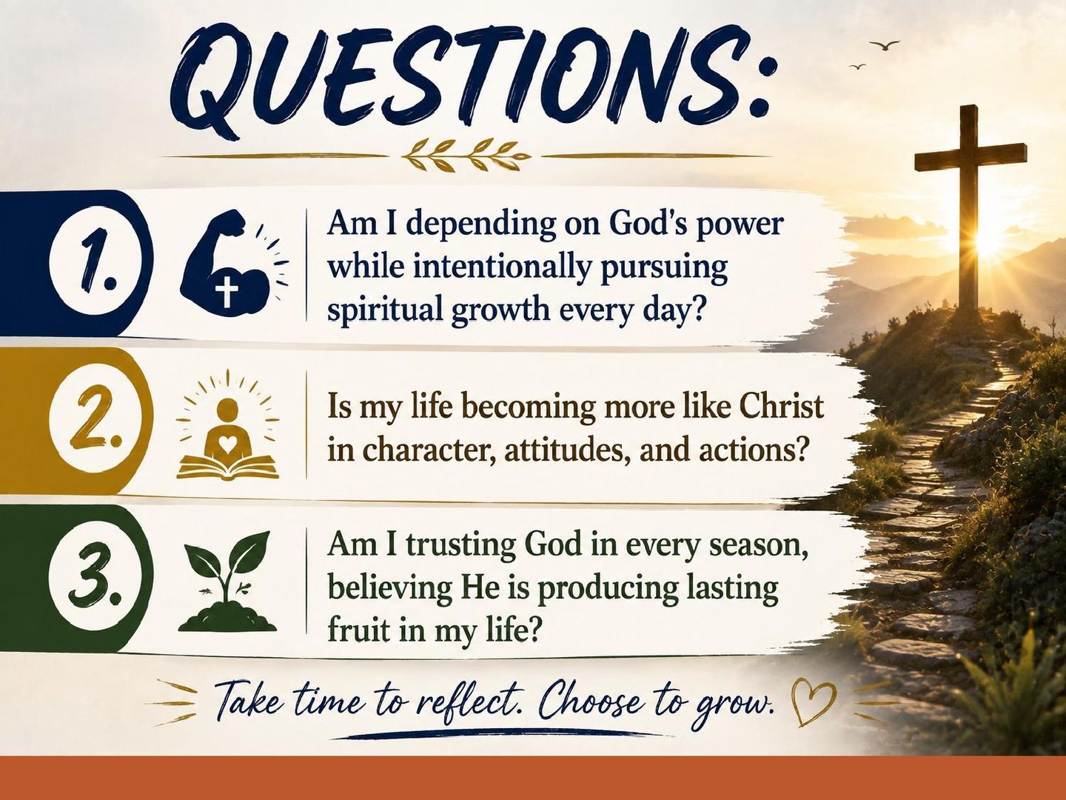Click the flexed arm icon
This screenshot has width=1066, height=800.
[227, 262]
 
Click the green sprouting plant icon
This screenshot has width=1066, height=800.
[227, 581]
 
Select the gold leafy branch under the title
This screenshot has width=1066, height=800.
[467, 156]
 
